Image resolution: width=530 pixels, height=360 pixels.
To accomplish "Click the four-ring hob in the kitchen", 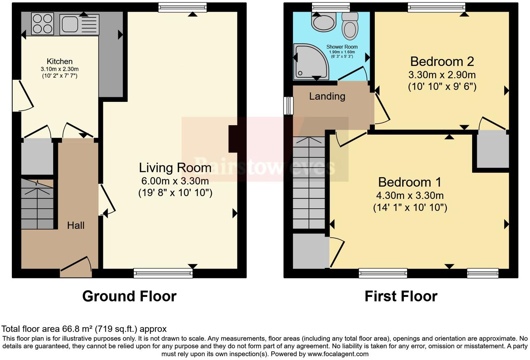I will click(43, 24).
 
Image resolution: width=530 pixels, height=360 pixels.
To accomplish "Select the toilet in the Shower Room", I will click(350, 26).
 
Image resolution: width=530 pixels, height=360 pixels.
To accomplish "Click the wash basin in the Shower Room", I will click(324, 22).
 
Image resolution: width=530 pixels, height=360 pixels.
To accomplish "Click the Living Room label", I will click(175, 168).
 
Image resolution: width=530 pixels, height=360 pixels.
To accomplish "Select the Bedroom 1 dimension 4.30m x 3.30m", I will click(410, 195).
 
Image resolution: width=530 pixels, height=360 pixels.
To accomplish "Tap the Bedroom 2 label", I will click(442, 61).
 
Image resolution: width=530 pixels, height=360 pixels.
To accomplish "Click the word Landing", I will click(327, 96).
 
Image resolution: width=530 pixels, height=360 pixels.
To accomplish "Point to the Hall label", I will click(76, 225).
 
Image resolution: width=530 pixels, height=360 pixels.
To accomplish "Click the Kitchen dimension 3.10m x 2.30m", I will click(60, 69).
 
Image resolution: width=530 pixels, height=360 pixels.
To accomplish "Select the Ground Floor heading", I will click(129, 296).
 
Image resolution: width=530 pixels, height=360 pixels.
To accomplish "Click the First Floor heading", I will click(401, 296).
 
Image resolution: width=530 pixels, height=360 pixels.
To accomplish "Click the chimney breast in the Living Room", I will click(233, 139).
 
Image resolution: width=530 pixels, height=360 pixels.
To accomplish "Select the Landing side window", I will click(288, 105).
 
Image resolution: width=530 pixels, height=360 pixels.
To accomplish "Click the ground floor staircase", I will click(37, 204).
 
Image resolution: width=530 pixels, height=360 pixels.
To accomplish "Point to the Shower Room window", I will click(331, 7).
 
